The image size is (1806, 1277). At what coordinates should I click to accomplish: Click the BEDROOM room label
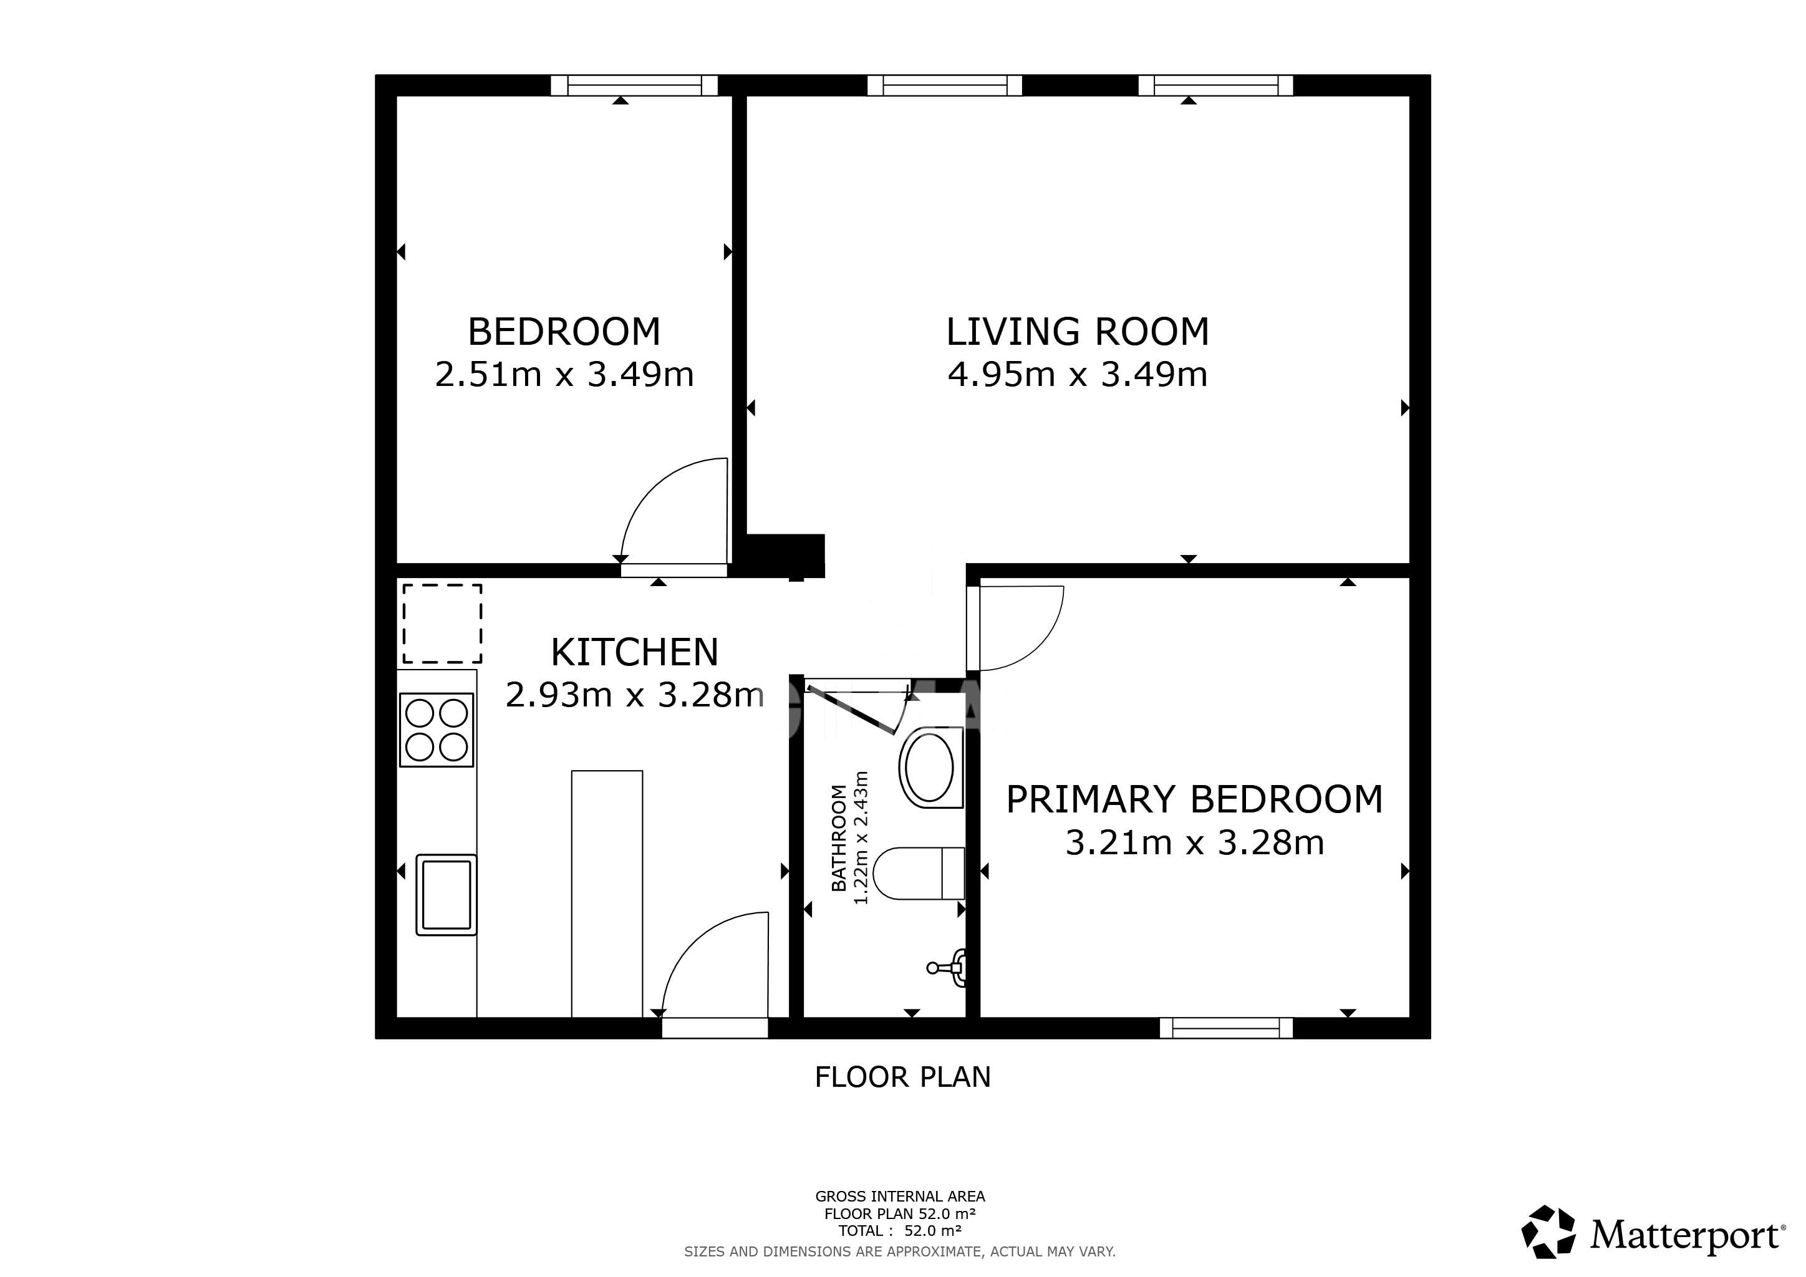[564, 331]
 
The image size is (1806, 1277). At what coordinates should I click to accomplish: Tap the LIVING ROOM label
[1077, 331]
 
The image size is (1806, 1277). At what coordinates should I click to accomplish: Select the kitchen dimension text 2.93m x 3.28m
[634, 695]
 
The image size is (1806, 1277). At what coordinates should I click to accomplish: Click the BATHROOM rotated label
[839, 838]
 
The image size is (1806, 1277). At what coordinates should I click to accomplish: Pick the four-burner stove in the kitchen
[437, 730]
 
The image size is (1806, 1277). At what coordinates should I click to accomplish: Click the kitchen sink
[446, 895]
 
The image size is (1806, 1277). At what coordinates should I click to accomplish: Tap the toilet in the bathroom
[919, 873]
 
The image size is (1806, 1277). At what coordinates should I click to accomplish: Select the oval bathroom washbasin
[930, 768]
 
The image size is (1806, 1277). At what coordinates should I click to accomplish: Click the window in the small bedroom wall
[634, 85]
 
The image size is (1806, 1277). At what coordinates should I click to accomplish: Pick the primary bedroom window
[1226, 1028]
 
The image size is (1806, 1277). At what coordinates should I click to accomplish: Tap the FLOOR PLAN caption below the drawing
[902, 1076]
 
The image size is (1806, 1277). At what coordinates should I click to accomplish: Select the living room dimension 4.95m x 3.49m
[1077, 374]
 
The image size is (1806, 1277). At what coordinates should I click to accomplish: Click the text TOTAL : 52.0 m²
[900, 1231]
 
